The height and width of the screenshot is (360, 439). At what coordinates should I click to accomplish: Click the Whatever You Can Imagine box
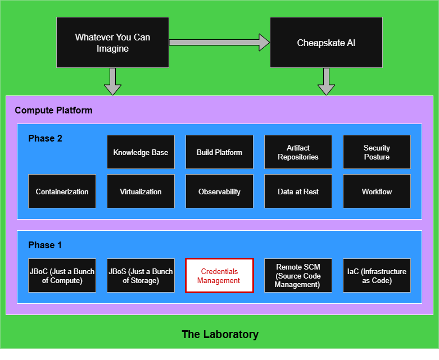click(x=112, y=43)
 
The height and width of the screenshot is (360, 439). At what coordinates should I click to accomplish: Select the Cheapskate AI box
click(x=326, y=43)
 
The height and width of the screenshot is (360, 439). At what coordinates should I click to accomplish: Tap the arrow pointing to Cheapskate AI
click(x=219, y=42)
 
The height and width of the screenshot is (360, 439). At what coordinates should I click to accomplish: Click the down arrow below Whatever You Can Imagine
click(x=112, y=82)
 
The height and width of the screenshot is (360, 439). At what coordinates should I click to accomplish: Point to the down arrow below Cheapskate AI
click(x=326, y=82)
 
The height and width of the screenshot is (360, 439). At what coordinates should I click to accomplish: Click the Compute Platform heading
click(x=53, y=110)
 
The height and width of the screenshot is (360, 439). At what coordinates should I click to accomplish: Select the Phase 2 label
click(x=45, y=138)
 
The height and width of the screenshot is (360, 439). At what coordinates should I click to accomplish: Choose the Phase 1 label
click(x=45, y=245)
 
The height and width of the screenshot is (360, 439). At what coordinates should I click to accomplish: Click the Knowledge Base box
click(x=141, y=152)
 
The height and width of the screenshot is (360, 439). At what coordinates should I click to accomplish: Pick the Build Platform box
click(x=219, y=152)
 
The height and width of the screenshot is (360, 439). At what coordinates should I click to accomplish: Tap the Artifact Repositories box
click(x=298, y=152)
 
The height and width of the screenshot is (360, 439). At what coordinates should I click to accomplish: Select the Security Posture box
click(x=377, y=152)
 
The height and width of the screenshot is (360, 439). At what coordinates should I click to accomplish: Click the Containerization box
click(x=62, y=192)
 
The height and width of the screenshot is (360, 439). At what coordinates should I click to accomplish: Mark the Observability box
click(x=219, y=192)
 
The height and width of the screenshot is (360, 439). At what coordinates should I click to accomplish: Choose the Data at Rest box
click(x=298, y=192)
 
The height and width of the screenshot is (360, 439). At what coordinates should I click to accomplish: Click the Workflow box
click(x=377, y=192)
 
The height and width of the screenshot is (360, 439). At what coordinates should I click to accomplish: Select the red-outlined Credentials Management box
click(x=219, y=276)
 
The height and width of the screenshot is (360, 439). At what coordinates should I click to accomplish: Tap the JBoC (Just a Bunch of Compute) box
click(x=62, y=276)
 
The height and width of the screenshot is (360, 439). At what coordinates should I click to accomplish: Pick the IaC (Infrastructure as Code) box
click(x=377, y=276)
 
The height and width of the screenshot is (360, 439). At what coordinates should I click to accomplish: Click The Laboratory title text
click(x=220, y=335)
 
